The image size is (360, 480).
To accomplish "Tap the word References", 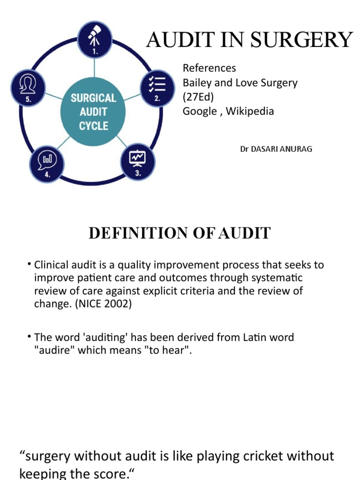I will (209, 68).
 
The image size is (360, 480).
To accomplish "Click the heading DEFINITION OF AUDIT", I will (180, 233).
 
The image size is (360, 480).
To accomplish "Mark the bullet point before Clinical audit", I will (30, 265).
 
